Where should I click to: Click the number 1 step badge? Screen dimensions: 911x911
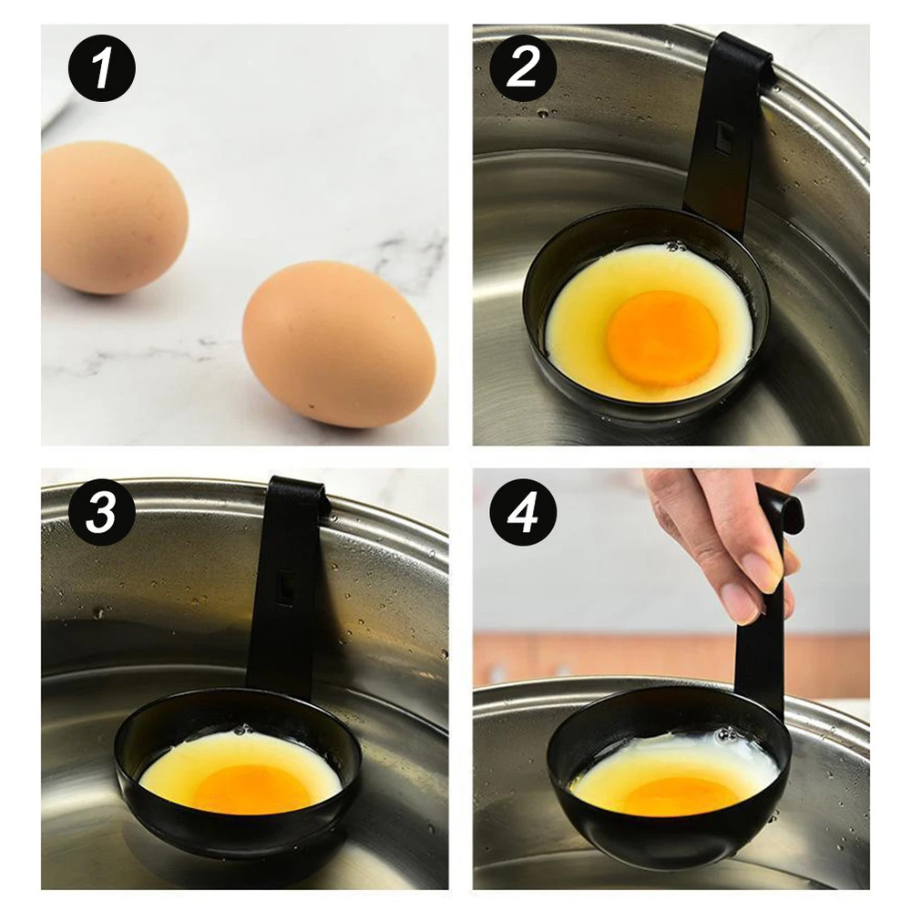click(x=101, y=68)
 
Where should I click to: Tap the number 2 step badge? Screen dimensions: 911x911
click(x=523, y=68)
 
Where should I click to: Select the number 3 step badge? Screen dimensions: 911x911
click(x=101, y=513)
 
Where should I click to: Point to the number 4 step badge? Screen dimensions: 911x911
click(x=523, y=513)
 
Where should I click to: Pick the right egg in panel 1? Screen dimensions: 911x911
click(x=338, y=343)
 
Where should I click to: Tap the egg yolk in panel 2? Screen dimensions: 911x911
click(x=662, y=337)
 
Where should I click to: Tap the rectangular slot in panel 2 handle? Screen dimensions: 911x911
click(x=725, y=138)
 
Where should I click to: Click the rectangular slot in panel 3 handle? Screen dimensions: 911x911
click(x=285, y=588)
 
